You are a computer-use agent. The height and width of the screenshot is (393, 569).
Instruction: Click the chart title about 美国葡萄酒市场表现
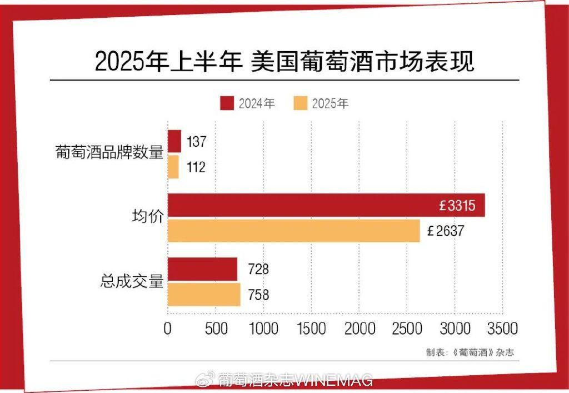tap(284, 61)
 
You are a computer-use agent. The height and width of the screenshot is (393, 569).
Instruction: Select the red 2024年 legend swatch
tap(227, 103)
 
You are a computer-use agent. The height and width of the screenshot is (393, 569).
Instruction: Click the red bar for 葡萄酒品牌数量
tap(174, 141)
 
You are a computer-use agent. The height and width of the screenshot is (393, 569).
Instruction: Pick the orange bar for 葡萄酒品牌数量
tap(173, 167)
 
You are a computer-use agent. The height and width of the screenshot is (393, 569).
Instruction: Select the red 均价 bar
tap(326, 205)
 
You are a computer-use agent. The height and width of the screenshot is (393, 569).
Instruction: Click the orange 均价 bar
tap(294, 231)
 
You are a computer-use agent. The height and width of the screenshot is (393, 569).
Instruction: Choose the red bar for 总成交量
tap(203, 269)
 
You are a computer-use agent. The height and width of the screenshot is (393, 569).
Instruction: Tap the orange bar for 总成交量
tap(204, 294)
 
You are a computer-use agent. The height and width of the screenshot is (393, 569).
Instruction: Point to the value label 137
tap(196, 142)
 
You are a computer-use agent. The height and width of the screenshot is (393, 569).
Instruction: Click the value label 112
tap(196, 167)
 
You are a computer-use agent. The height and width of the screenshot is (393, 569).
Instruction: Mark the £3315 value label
tap(457, 206)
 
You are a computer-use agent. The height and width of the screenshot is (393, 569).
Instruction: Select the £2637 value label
tap(445, 231)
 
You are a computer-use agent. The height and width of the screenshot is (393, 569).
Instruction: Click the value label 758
tap(258, 295)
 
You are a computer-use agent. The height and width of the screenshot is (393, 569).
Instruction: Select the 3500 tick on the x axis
tap(502, 329)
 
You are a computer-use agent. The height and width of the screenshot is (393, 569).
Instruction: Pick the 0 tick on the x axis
tap(168, 329)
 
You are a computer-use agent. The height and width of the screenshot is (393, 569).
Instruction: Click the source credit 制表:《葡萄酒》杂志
tap(466, 352)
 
